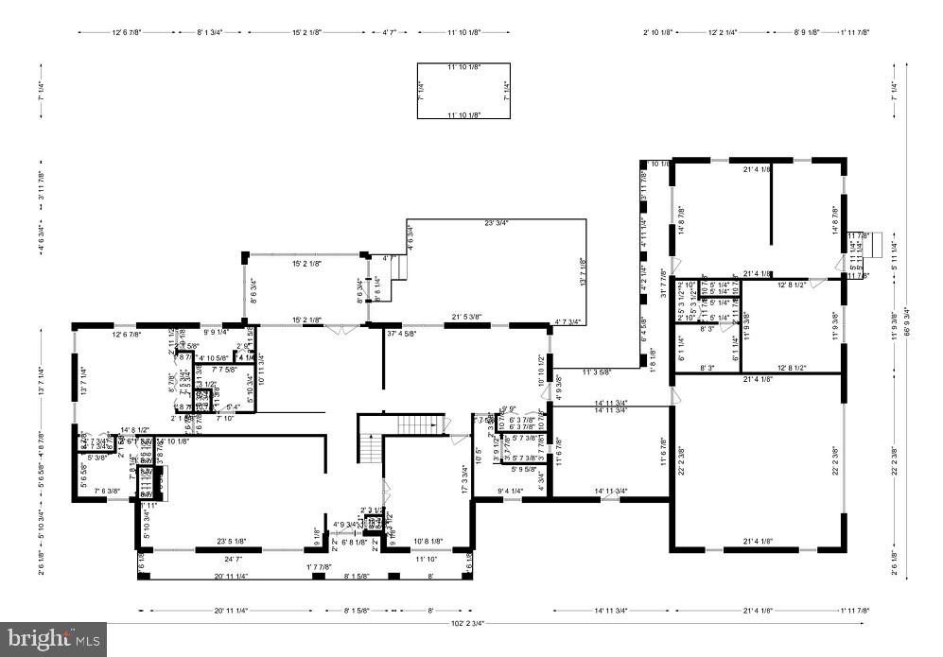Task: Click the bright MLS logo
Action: (54, 639)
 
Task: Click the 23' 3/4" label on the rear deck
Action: (496, 223)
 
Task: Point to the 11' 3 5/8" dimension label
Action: (597, 372)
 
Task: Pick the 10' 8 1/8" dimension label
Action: (428, 542)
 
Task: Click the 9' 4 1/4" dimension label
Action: (511, 491)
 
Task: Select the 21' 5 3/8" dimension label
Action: (466, 317)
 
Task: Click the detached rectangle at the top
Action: (463, 91)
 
